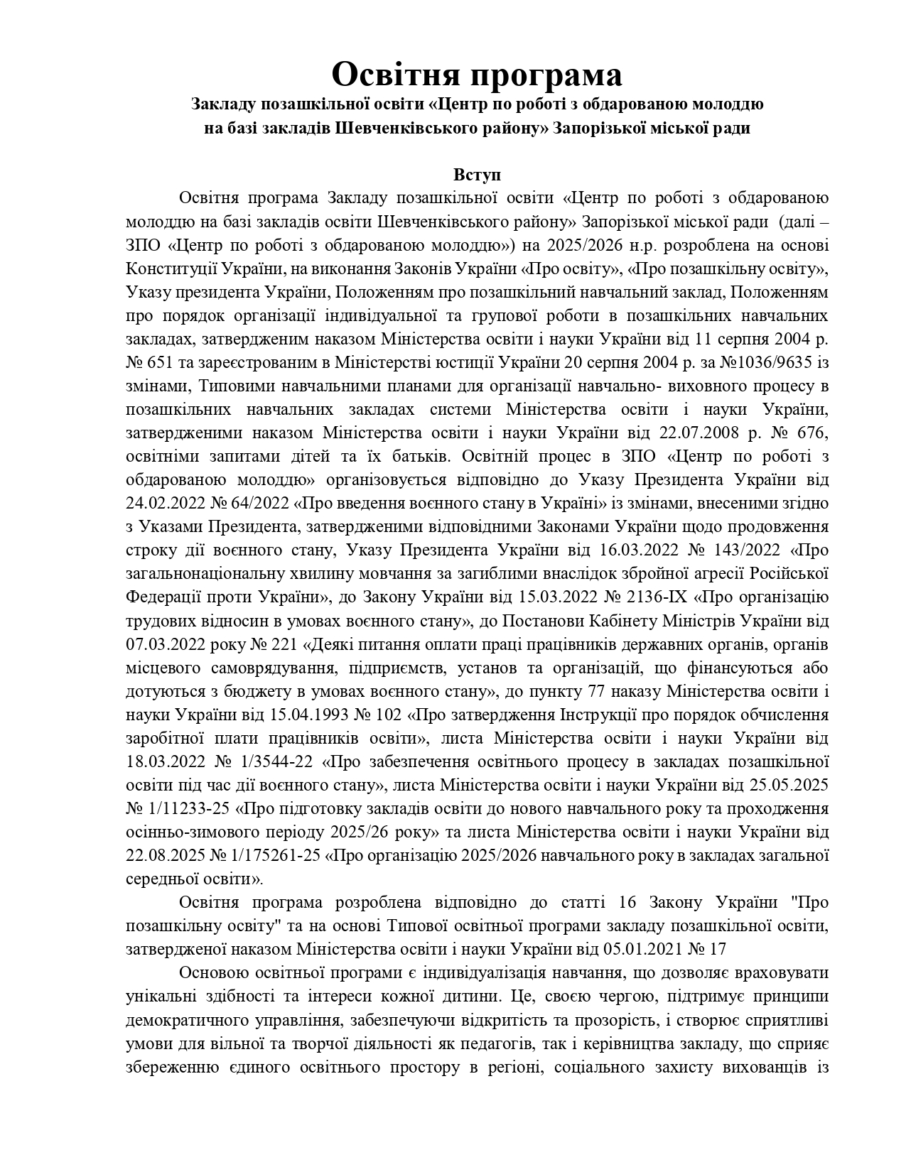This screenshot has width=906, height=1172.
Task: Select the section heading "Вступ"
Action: coord(477,175)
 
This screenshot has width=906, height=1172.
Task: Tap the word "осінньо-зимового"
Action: coord(186,832)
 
